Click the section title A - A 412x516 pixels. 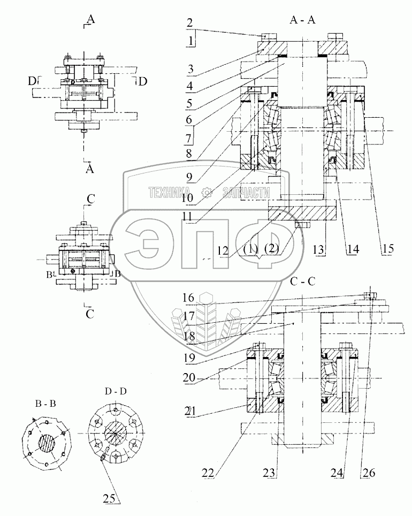click(302, 20)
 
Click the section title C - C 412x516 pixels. click(303, 282)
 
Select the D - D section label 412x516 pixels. click(116, 392)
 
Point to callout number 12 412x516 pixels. click(223, 251)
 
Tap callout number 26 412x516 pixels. click(369, 473)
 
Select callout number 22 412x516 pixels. click(208, 474)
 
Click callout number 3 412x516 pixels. click(190, 70)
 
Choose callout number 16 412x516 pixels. click(189, 298)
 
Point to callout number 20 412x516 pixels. click(189, 378)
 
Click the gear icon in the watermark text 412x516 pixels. click(207, 193)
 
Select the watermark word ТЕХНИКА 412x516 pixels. click(170, 193)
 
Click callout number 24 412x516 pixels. click(337, 473)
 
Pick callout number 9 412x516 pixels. click(189, 178)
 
